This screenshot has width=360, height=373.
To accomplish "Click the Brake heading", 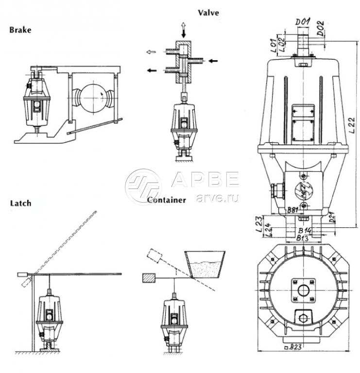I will (x=20, y=30).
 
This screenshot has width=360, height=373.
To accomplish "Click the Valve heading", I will (x=208, y=13).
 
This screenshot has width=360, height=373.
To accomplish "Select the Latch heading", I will (x=20, y=203).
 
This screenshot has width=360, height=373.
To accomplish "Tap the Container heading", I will (x=166, y=200).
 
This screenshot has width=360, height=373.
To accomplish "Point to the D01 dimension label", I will (x=304, y=21).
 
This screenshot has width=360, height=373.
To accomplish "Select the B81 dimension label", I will (x=291, y=210).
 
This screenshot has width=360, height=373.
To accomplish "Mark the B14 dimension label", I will (x=305, y=230).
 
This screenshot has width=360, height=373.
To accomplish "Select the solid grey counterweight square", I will (x=149, y=277).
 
